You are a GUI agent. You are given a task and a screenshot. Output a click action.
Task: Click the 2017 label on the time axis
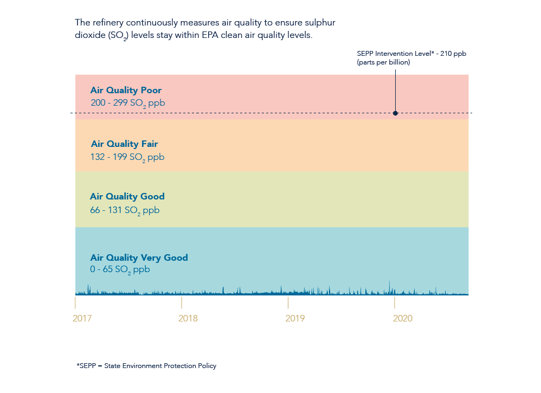tap(82, 318)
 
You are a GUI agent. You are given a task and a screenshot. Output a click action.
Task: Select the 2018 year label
tap(188, 318)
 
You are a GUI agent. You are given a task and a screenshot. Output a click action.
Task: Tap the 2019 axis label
tap(295, 318)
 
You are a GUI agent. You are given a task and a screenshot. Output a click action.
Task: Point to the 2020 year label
tap(403, 318)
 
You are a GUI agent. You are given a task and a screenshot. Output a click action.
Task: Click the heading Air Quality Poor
tap(126, 91)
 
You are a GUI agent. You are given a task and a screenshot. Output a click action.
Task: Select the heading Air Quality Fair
tap(124, 144)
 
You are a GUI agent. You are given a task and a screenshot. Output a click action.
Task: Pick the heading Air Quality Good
tap(127, 197)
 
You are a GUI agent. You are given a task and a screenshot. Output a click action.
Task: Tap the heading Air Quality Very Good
tap(139, 257)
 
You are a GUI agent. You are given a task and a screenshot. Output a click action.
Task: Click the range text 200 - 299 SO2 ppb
tap(128, 103)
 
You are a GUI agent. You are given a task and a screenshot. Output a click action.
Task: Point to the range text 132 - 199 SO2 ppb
tap(127, 157)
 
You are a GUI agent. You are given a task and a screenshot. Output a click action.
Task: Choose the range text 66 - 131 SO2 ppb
tap(125, 210)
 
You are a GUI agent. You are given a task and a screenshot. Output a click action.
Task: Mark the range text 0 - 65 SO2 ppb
tap(120, 269)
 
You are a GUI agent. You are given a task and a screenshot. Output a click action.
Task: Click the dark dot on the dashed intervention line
tap(395, 113)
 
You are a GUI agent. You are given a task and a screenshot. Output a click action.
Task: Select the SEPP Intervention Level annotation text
tap(411, 54)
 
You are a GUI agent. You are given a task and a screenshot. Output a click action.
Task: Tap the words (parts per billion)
tap(383, 62)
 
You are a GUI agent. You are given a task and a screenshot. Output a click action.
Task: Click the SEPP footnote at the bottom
tap(146, 366)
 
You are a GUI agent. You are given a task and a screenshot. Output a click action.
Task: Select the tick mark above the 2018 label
tap(182, 302)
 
